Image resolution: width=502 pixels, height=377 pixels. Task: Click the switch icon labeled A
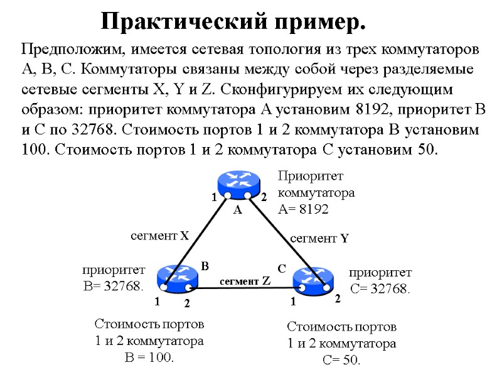[x=238, y=183]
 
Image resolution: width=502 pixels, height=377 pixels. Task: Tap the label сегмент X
[x=159, y=236]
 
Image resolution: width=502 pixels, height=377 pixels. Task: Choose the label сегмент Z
[x=245, y=281]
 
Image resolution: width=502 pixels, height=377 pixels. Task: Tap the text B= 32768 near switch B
[x=113, y=286]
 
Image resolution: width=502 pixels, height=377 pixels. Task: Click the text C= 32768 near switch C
[x=380, y=289]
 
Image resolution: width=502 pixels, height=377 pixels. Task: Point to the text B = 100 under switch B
[x=149, y=358]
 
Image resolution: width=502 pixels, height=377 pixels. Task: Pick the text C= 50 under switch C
[x=342, y=360]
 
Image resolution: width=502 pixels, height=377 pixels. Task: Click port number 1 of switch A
[x=214, y=197]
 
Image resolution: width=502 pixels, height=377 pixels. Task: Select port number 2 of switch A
[x=264, y=197]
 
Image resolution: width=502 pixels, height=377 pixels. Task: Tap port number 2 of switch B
[x=186, y=304]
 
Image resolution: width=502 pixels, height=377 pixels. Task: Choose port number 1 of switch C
[x=292, y=302]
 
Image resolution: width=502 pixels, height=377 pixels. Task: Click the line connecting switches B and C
[x=245, y=288]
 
